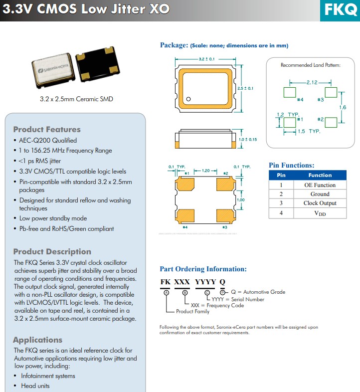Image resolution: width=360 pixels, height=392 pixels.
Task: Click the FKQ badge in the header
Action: tap(340, 9)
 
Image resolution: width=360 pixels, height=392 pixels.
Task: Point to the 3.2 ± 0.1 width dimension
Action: tap(206, 59)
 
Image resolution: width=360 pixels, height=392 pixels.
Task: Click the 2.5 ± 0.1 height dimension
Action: tap(245, 88)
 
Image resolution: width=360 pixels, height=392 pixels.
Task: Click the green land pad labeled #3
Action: tap(331, 92)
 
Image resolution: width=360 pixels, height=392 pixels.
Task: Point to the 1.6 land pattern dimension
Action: tap(343, 107)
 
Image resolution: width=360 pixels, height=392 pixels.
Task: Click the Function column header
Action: tap(320, 175)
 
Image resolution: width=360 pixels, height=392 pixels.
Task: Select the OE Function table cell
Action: tap(320, 185)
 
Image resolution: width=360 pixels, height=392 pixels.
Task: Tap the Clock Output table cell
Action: tap(320, 203)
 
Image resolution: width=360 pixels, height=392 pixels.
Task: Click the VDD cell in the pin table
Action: tap(320, 213)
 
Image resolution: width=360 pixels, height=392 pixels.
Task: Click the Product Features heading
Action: tap(47, 130)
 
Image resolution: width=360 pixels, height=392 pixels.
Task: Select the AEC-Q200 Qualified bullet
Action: tap(48, 141)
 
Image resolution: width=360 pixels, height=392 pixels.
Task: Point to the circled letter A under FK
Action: tap(166, 292)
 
